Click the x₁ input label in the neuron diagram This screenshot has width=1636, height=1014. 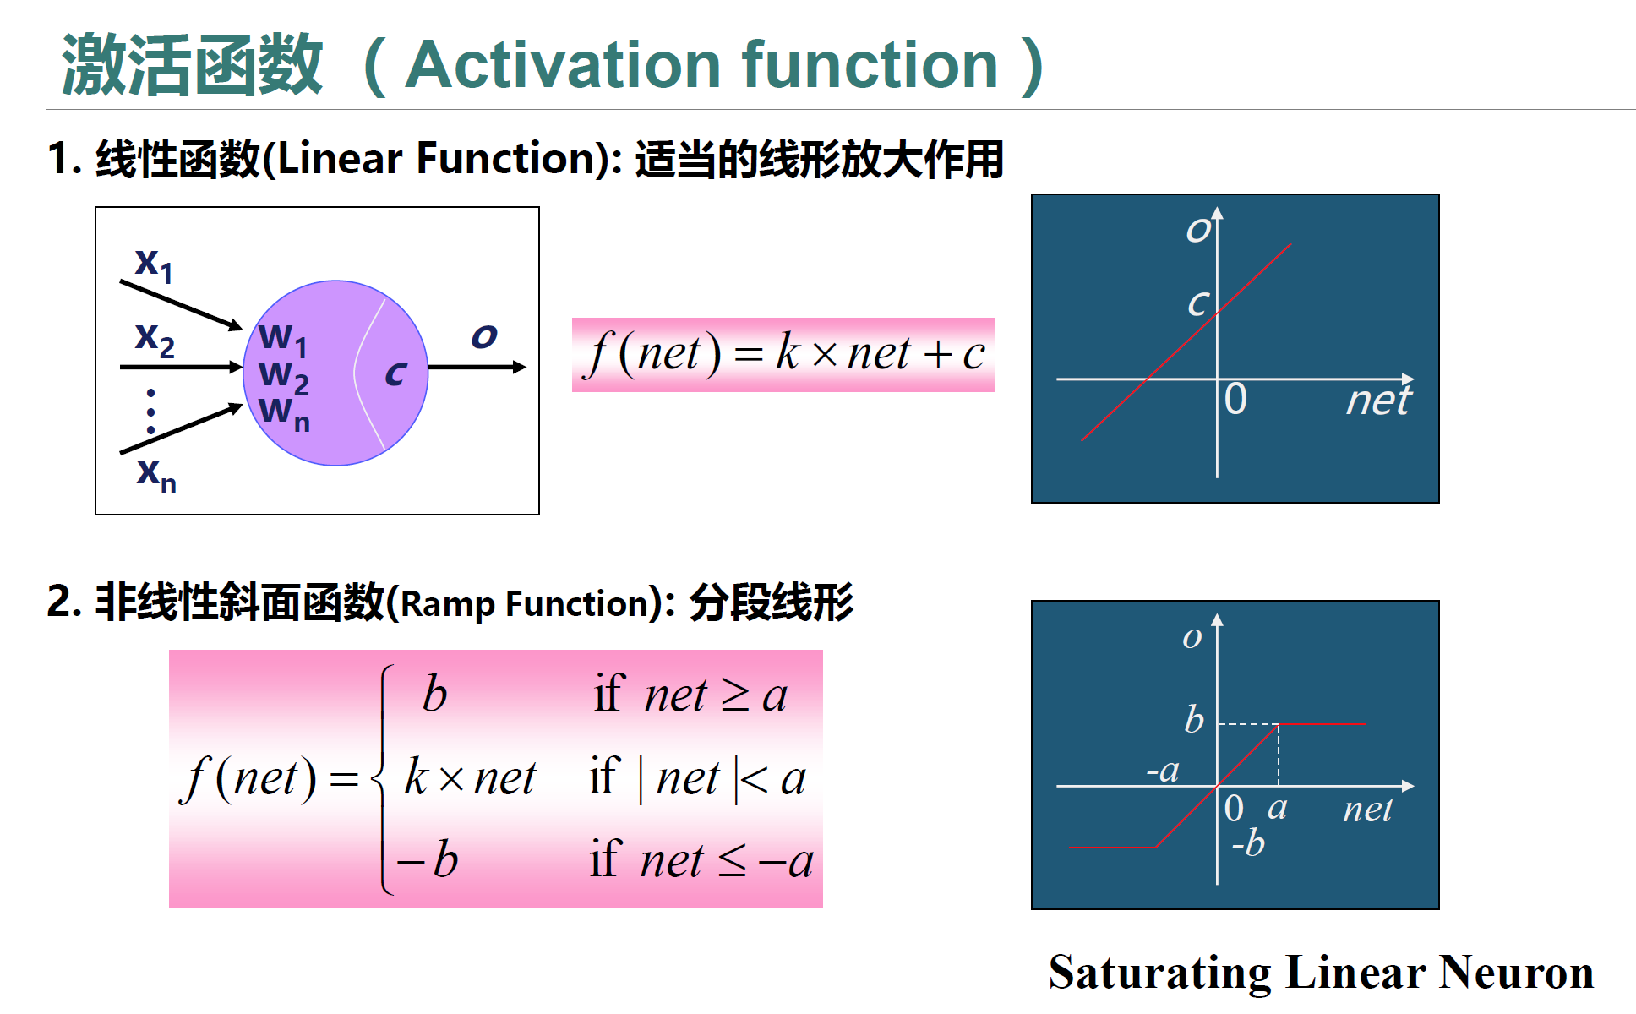click(154, 264)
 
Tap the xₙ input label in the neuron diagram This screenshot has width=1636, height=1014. click(156, 475)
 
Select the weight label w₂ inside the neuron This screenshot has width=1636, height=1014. click(283, 375)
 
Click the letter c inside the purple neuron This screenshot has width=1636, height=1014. click(395, 373)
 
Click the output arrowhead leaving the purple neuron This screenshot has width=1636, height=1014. click(519, 367)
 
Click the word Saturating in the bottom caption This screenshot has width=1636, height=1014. click(1159, 973)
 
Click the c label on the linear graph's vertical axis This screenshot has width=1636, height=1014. click(1198, 303)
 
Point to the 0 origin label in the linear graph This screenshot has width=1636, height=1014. click(1235, 399)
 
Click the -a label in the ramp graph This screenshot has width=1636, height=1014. click(1163, 771)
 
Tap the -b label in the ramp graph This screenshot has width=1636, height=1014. click(1248, 842)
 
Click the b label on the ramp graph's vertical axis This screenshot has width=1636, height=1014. click(1194, 719)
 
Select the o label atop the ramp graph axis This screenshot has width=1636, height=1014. click(1192, 638)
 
